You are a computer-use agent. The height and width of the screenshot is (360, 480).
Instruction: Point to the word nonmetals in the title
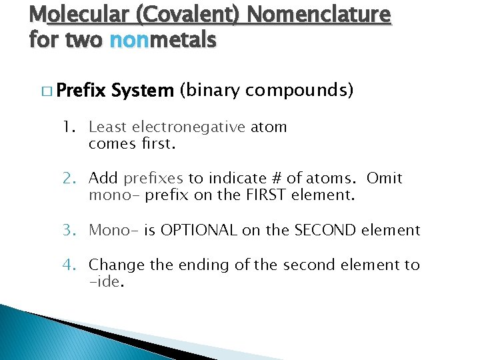[x=163, y=41]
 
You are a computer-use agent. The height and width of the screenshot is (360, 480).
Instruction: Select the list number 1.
[x=68, y=127]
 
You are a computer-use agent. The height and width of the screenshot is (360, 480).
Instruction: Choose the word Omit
[x=385, y=179]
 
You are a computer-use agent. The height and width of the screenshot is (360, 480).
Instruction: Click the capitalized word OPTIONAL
[x=199, y=231]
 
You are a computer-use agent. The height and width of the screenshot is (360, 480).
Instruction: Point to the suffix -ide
[x=105, y=283]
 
